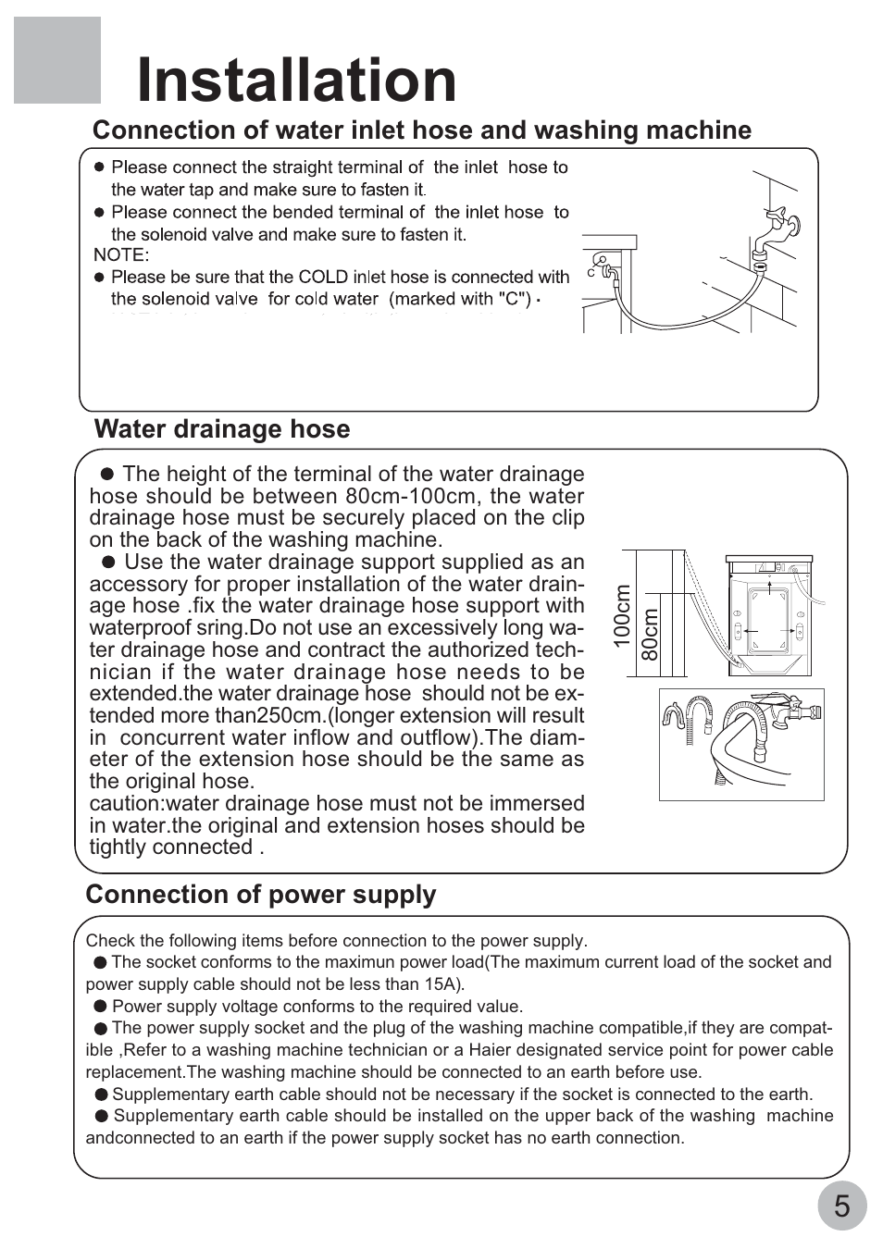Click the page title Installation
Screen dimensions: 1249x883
pos(296,80)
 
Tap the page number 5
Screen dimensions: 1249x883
pos(841,1206)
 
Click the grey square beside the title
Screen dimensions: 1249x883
pos(56,60)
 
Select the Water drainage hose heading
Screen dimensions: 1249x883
pos(222,429)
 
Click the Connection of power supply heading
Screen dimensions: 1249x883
pos(260,895)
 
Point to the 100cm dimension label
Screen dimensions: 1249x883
pos(621,615)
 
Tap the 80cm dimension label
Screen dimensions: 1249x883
pos(651,634)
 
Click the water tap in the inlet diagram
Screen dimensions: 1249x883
pos(773,231)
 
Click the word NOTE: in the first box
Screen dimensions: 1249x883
pos(121,254)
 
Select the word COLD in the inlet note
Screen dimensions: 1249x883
pos(323,277)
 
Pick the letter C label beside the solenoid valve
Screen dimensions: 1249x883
pos(591,274)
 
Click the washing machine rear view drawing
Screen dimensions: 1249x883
pos(770,615)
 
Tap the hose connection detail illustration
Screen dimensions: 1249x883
pos(740,744)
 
